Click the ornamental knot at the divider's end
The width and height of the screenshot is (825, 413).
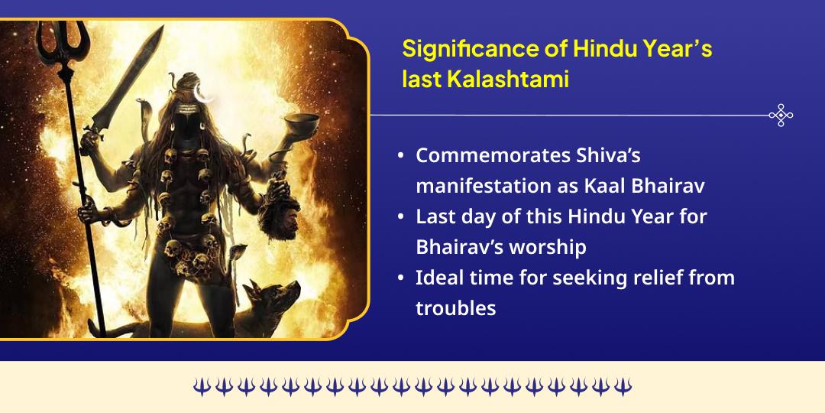(780, 115)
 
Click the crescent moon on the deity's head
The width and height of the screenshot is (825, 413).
(202, 93)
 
